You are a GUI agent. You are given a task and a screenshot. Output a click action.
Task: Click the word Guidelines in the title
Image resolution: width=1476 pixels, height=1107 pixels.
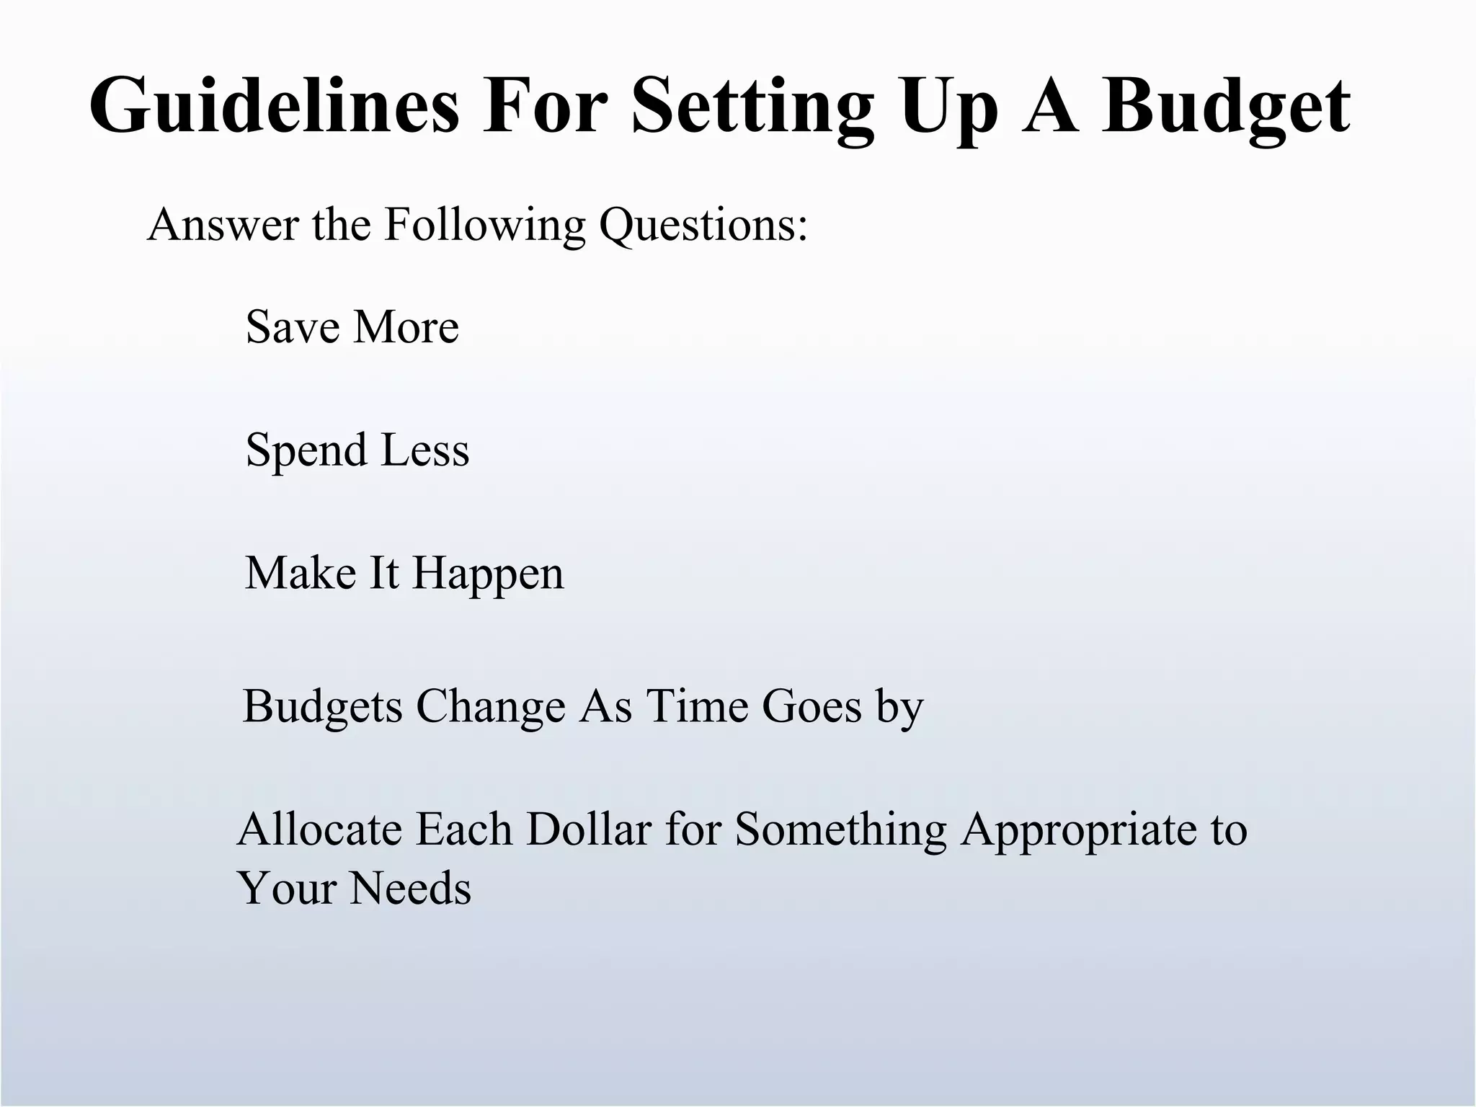point(274,107)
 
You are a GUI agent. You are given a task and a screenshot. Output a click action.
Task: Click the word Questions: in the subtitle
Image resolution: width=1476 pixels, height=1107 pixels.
point(703,226)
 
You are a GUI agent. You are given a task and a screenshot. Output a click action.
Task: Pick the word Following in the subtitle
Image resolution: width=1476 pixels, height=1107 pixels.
point(484,226)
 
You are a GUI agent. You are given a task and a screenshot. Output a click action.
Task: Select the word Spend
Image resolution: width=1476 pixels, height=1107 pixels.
point(306,451)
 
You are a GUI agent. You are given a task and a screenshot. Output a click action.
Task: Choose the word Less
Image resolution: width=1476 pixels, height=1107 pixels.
point(424,450)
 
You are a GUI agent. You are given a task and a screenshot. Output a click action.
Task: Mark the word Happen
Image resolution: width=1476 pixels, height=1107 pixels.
point(488,575)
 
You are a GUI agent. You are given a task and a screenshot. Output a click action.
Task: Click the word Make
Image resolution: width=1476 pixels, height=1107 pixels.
point(301,574)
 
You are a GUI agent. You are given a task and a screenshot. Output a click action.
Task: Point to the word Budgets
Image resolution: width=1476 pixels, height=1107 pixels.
point(322,707)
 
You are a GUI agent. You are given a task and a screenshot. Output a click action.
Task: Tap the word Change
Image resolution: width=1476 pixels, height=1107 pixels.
point(491,706)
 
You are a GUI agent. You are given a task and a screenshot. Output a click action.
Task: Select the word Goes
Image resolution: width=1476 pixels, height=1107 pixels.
point(812,706)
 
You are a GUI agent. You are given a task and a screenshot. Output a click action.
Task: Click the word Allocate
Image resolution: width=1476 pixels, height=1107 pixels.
point(319,830)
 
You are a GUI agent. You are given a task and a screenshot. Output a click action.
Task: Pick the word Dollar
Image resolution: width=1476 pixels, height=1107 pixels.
point(589,830)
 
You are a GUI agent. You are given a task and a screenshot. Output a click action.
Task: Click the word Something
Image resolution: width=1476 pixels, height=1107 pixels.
point(840,831)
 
